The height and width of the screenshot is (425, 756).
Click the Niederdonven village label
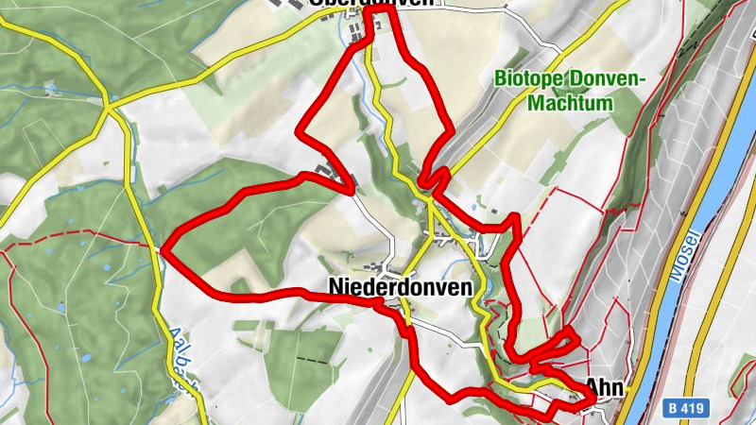coord(400,285)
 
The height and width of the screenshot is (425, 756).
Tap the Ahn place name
coord(605,385)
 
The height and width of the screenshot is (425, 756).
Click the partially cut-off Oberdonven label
coord(371,4)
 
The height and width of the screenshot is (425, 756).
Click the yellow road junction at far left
coord(110,108)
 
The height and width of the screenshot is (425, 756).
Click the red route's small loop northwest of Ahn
coord(558,346)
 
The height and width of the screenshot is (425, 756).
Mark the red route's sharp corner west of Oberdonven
coord(301,133)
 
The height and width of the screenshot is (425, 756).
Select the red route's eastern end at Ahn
coord(590,401)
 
